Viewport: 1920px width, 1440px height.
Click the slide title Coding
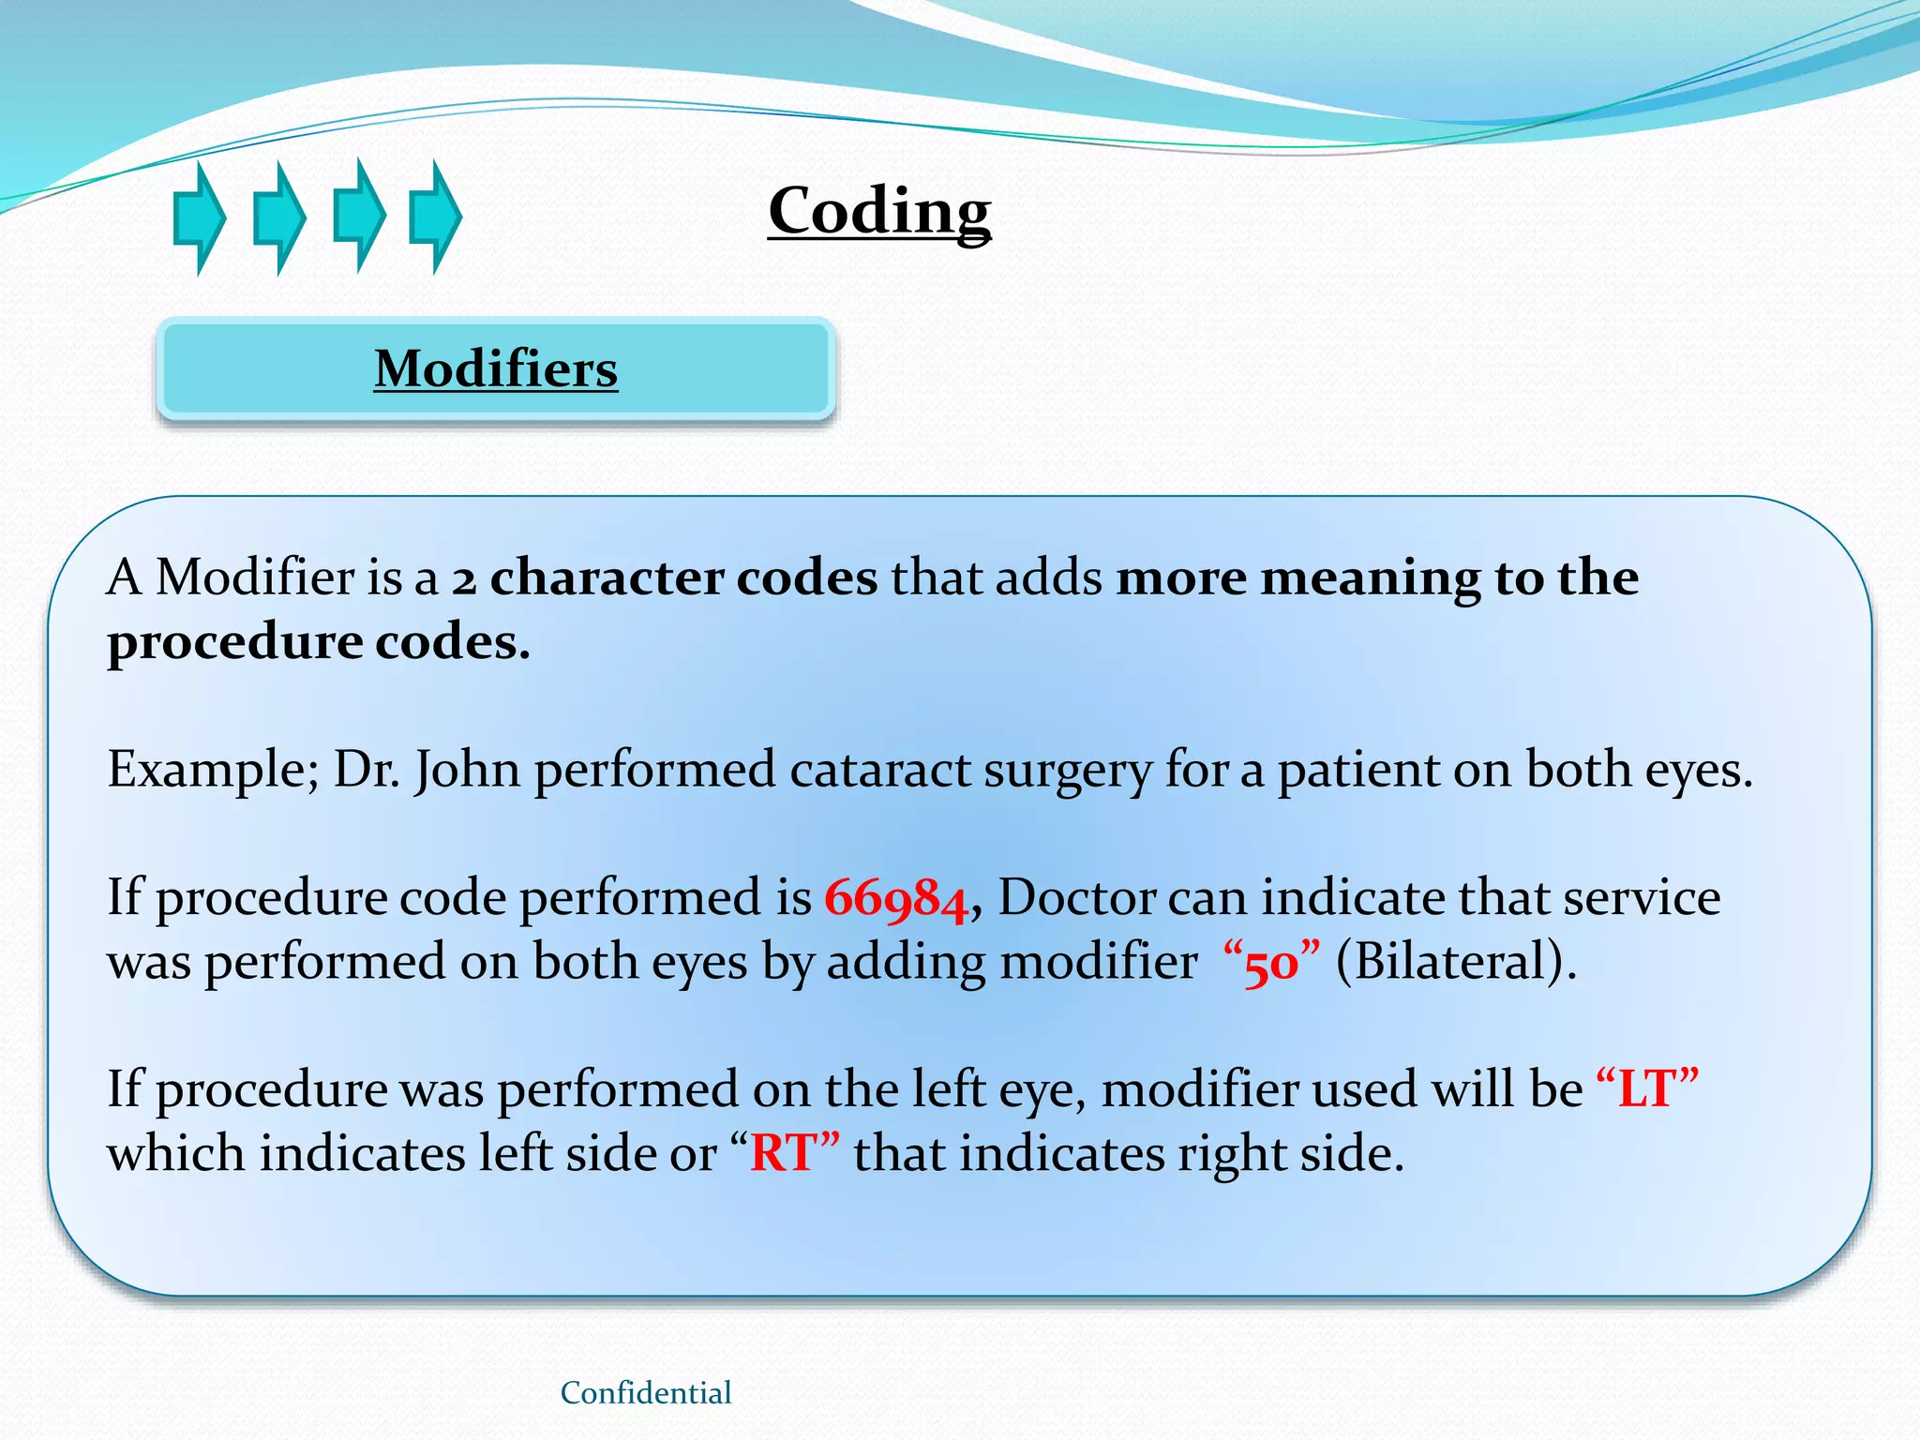(x=879, y=210)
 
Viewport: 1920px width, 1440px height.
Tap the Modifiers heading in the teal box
(x=496, y=367)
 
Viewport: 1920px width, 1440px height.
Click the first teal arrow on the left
(x=199, y=217)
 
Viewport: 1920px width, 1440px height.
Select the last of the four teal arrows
(x=435, y=217)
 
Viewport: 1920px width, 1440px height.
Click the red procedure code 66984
(x=895, y=898)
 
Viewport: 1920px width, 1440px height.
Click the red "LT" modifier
(x=1646, y=1089)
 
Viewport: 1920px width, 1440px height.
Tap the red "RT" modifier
(x=783, y=1153)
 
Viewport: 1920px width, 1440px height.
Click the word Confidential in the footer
(x=646, y=1393)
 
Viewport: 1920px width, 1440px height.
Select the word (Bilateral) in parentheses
(x=1456, y=963)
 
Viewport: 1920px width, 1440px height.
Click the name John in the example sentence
(x=467, y=771)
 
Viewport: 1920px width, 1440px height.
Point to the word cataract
(x=879, y=771)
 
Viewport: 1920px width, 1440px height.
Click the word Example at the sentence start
(x=213, y=771)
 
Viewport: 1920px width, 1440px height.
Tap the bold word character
(x=607, y=577)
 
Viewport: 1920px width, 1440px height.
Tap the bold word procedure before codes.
(x=234, y=643)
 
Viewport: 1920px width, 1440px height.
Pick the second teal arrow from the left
(x=279, y=217)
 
